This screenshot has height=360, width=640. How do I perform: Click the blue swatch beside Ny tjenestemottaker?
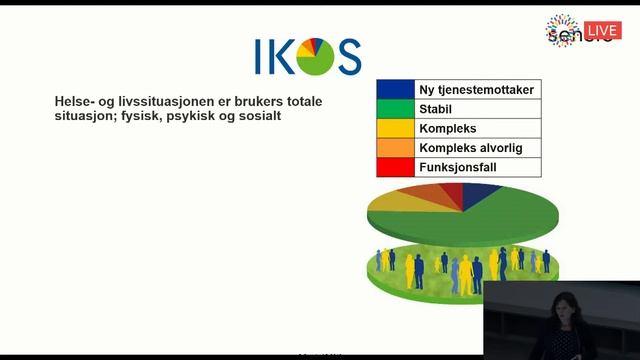pos(396,90)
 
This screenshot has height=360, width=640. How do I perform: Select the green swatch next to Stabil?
pos(396,109)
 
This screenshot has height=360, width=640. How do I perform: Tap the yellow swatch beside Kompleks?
pos(396,128)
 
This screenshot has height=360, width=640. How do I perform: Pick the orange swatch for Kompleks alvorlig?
pos(396,147)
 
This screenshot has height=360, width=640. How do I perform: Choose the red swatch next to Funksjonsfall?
pos(396,166)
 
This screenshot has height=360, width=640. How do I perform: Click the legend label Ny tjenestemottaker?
pos(476,90)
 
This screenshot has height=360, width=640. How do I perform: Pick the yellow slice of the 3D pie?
pos(398,200)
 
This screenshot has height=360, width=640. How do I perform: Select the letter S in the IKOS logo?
pos(349,57)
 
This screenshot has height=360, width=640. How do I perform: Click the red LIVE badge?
pos(602,31)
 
